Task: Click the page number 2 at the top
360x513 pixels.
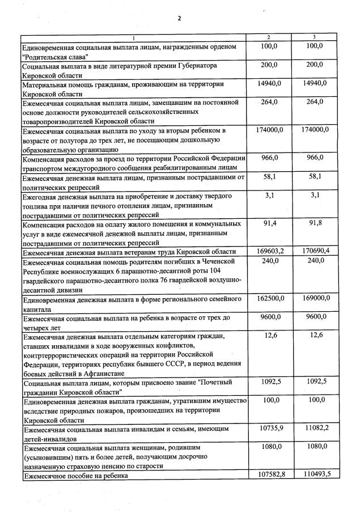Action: pyautogui.click(x=179, y=18)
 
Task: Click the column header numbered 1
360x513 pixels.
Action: pyautogui.click(x=134, y=38)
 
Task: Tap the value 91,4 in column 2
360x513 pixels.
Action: pyautogui.click(x=270, y=223)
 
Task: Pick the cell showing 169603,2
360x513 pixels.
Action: pyautogui.click(x=270, y=251)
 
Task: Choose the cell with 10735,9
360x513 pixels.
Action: pyautogui.click(x=270, y=428)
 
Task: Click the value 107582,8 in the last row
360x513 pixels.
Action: pyautogui.click(x=270, y=474)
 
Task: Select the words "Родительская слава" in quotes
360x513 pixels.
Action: pyautogui.click(x=56, y=56)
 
